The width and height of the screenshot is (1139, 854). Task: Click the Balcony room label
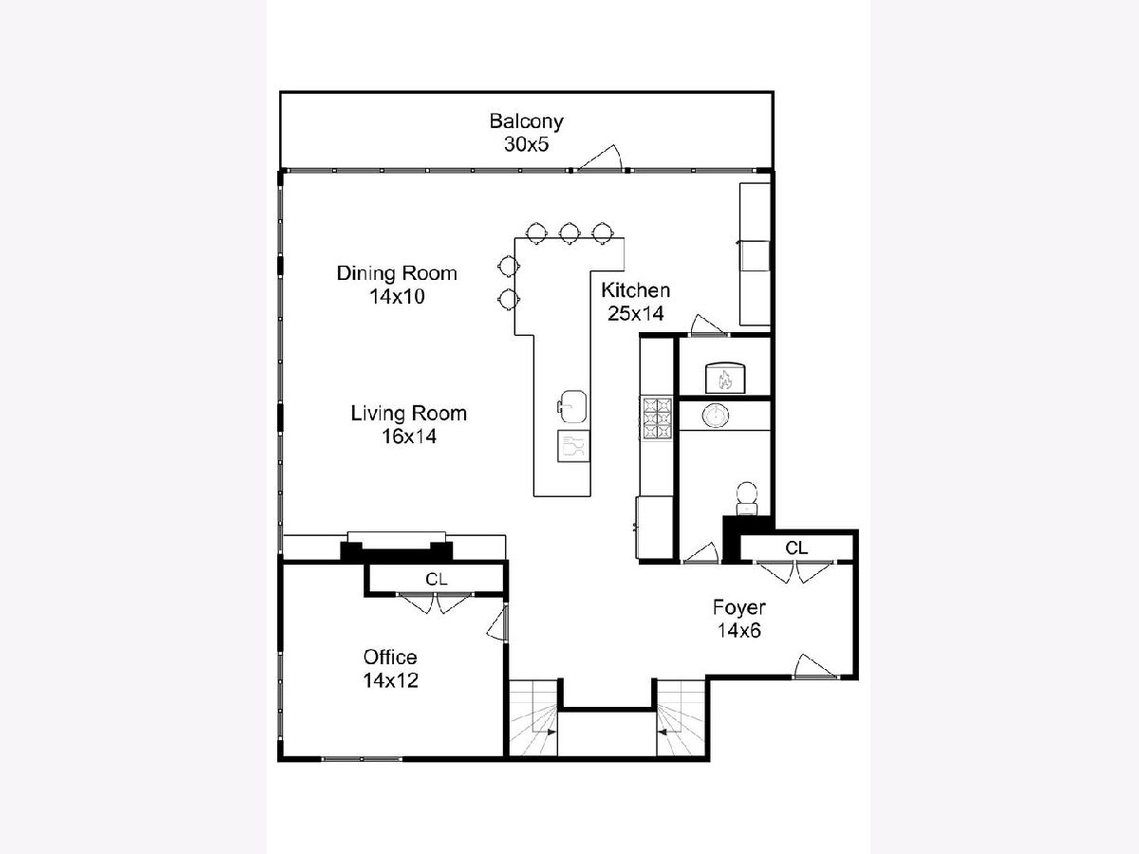pos(526,122)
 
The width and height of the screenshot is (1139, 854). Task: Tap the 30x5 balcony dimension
pos(526,144)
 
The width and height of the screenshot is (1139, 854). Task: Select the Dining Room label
pos(397,273)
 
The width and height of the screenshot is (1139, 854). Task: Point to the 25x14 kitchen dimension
pos(636,314)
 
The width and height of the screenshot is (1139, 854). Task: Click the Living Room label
pos(409,414)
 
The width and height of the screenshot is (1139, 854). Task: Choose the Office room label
pos(390,658)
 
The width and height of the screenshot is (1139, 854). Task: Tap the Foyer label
pos(739,607)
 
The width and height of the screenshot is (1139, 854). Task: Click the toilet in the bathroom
pos(747,499)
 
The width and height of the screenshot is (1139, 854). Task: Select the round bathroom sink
pos(716,416)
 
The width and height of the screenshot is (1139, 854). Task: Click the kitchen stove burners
pos(658,418)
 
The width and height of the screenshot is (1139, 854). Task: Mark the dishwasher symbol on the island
pos(574,445)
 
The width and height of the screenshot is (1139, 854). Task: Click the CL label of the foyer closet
pos(796,548)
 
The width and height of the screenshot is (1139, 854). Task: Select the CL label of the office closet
pos(437,579)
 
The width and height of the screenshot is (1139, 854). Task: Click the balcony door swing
pos(601,158)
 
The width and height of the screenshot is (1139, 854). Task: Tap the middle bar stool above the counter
pos(569,232)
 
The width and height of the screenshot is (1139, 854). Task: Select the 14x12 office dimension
pos(390,680)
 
